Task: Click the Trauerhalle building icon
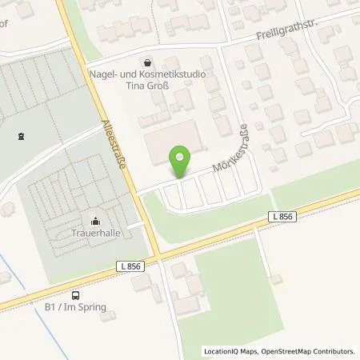pyautogui.click(x=96, y=222)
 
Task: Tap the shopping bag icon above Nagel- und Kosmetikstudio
pyautogui.click(x=148, y=61)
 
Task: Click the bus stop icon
pyautogui.click(x=75, y=294)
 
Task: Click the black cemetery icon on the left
pyautogui.click(x=20, y=135)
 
